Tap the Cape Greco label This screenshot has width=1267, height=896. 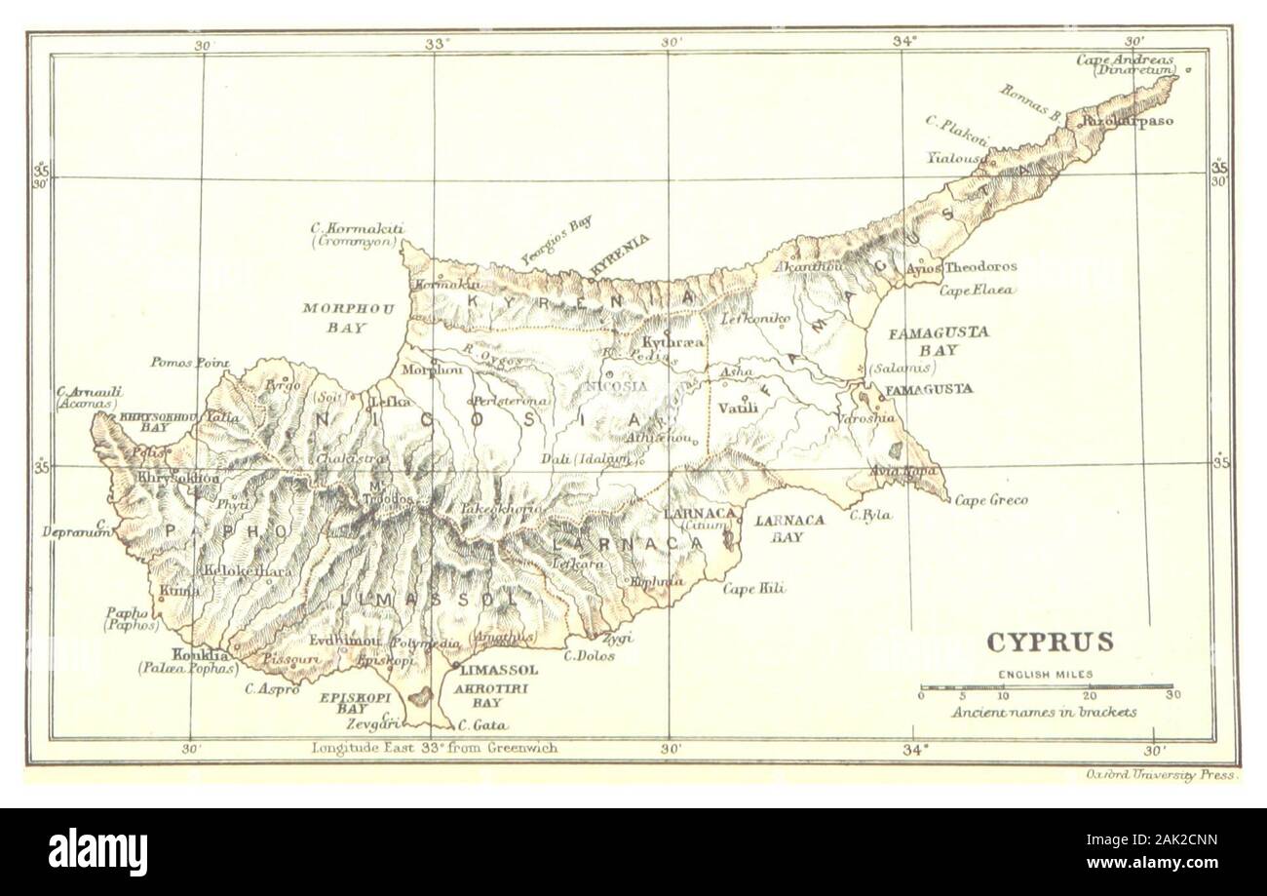point(990,500)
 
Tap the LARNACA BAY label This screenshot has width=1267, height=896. point(790,527)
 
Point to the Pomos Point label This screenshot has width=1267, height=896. point(189,363)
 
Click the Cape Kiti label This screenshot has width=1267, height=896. point(753,588)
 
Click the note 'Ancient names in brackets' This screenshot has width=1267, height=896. point(1045,712)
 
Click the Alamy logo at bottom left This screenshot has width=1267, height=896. point(88,851)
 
